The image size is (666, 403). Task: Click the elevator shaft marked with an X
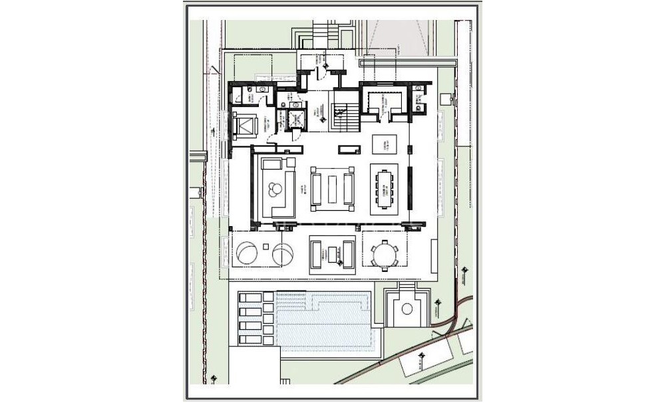(x=293, y=120)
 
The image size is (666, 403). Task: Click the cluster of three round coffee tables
(x=273, y=191)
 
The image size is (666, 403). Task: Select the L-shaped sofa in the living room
(x=277, y=187)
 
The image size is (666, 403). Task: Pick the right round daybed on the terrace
(x=285, y=254)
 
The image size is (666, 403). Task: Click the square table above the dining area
(x=383, y=144)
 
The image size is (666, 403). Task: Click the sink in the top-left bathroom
(x=262, y=88)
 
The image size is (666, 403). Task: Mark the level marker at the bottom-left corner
(x=213, y=379)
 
